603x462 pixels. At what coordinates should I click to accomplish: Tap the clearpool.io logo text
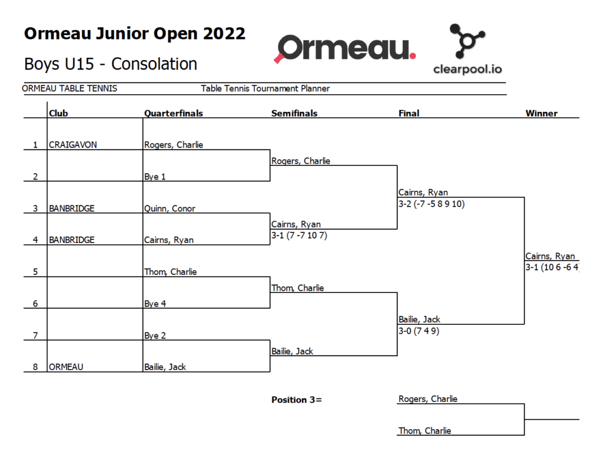click(x=467, y=69)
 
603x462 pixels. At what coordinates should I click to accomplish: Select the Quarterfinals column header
click(x=174, y=114)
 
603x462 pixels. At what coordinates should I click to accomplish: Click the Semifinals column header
click(x=294, y=114)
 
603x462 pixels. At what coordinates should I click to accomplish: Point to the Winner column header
click(x=542, y=114)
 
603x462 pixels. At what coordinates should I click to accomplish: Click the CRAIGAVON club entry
click(x=72, y=145)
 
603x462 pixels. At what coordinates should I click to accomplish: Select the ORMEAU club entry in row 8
click(x=66, y=367)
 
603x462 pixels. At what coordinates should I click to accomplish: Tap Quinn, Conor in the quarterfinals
click(x=170, y=209)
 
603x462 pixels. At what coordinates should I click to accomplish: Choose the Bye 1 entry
click(x=155, y=177)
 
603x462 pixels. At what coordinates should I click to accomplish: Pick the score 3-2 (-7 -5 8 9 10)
click(x=432, y=204)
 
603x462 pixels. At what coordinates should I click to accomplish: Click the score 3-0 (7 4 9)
click(x=419, y=331)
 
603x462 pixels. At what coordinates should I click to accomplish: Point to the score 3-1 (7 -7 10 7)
click(x=299, y=235)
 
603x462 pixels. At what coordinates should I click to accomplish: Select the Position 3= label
click(x=297, y=400)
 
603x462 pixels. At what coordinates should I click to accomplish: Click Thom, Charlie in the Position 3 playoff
click(x=425, y=431)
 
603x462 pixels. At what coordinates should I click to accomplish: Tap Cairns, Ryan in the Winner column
click(x=550, y=257)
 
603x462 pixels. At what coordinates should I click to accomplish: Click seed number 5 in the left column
click(x=35, y=272)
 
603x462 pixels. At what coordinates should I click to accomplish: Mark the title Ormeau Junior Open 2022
click(x=135, y=34)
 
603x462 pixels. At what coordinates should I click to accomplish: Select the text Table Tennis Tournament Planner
click(x=266, y=89)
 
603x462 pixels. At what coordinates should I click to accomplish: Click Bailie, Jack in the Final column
click(x=419, y=320)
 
